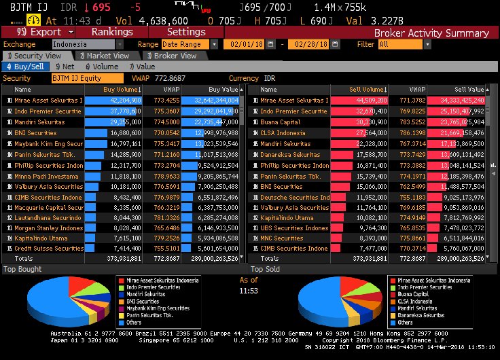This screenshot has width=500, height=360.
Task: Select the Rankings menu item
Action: [x=111, y=32]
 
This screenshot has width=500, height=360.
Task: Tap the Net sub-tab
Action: [x=66, y=67]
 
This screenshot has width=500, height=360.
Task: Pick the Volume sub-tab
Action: [x=101, y=67]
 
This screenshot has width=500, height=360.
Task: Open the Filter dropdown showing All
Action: [x=400, y=44]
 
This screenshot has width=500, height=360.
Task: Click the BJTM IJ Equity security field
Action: [x=87, y=78]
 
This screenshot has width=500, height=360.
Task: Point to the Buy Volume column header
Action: [x=122, y=89]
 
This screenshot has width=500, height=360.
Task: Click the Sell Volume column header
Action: [x=367, y=89]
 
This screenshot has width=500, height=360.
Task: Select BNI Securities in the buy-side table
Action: [x=35, y=133]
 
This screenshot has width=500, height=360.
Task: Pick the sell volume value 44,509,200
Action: [x=368, y=101]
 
